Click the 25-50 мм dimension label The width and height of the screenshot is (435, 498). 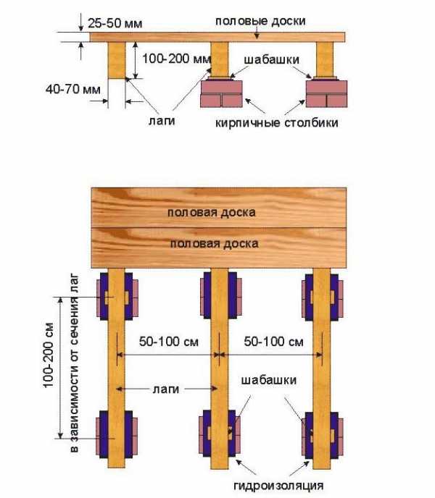click(115, 23)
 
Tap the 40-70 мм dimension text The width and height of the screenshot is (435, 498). click(73, 89)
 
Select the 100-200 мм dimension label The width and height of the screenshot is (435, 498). click(177, 59)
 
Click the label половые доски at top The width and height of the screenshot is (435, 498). click(260, 21)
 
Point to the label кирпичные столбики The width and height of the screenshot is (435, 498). click(276, 122)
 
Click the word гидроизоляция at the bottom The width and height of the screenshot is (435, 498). click(278, 485)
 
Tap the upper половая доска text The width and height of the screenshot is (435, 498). click(211, 212)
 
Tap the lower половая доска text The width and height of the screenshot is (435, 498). click(214, 244)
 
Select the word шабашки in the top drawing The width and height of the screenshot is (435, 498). click(272, 59)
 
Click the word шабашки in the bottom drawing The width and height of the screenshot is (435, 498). click(269, 380)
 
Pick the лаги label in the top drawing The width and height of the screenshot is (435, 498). click(162, 121)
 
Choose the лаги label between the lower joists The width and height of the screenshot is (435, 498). click(166, 389)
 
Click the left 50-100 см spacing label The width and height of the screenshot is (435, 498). click(169, 342)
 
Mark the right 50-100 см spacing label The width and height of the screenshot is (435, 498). click(273, 342)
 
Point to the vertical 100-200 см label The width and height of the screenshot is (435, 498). click(49, 355)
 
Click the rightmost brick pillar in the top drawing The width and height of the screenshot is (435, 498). click(326, 93)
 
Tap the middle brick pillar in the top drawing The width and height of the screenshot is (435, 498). click(221, 93)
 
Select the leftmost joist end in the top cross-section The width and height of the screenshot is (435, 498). click(117, 60)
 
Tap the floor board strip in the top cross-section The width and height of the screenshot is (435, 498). click(217, 37)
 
